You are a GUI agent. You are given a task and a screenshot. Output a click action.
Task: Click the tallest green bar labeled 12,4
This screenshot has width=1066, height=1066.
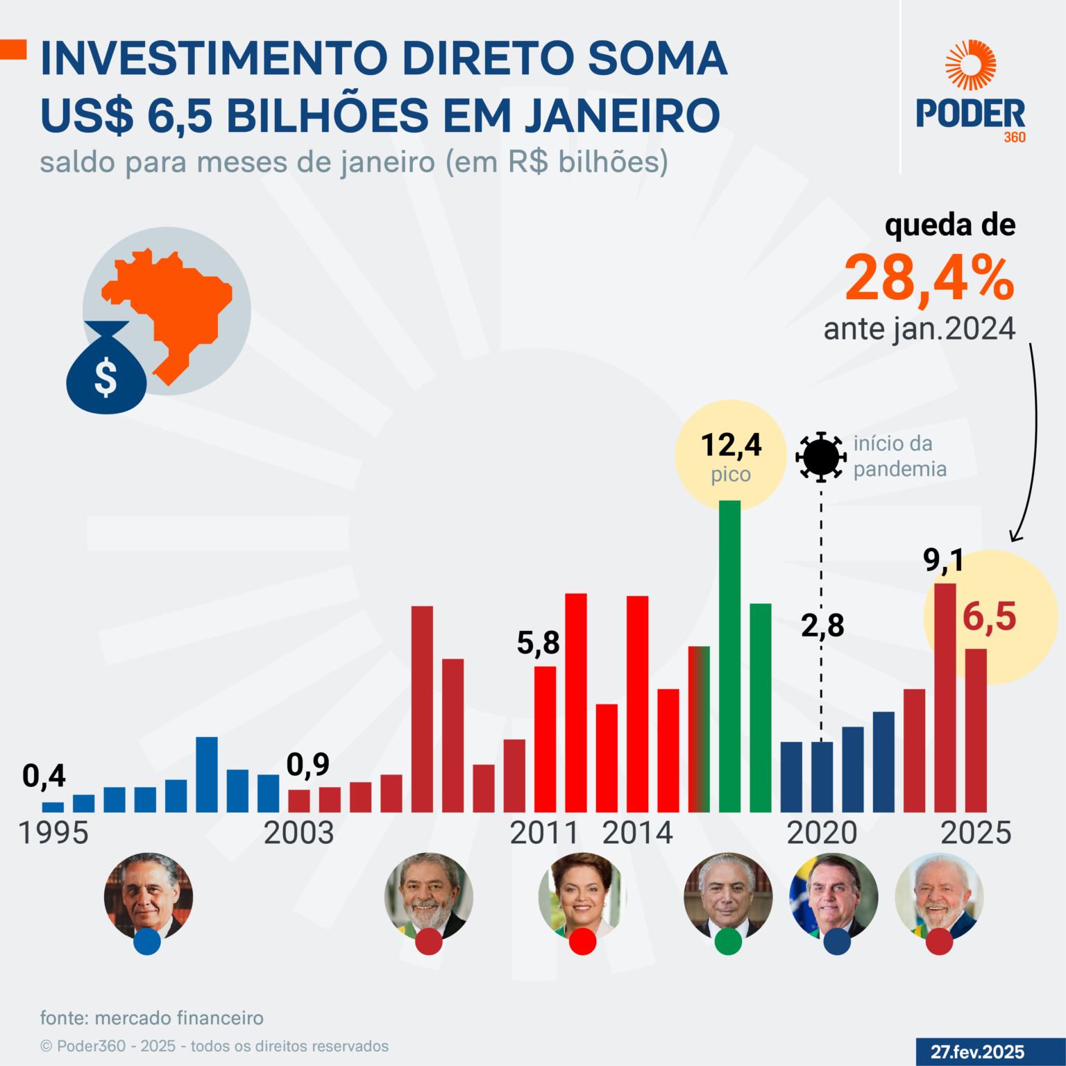click(x=729, y=656)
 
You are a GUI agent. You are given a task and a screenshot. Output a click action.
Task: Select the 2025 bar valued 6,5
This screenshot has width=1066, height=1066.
click(x=976, y=730)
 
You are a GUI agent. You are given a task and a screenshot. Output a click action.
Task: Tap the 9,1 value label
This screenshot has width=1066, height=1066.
click(x=943, y=560)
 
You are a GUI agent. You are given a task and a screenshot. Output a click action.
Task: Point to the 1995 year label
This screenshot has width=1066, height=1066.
click(x=53, y=833)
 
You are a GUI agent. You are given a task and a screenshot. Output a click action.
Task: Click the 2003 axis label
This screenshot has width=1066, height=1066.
click(x=299, y=833)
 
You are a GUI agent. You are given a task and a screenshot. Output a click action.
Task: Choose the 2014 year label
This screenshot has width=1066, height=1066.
click(x=637, y=833)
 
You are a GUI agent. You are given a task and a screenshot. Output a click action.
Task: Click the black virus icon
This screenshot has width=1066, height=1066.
click(x=821, y=457)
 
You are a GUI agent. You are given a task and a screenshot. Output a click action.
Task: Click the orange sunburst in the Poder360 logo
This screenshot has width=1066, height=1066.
click(x=970, y=65)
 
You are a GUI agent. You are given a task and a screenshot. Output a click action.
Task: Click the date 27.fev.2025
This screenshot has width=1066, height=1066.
click(x=977, y=1052)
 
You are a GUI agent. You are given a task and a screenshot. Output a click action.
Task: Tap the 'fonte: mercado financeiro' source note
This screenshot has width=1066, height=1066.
click(x=152, y=1018)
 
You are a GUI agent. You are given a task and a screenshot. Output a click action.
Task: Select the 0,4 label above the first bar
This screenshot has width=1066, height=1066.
click(x=44, y=776)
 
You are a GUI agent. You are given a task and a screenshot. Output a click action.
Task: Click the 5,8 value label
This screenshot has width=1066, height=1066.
click(x=538, y=643)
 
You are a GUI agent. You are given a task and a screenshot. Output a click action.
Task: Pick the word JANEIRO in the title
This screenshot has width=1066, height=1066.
click(x=623, y=115)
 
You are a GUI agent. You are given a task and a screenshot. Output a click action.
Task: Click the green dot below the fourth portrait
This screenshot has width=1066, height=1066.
click(x=728, y=942)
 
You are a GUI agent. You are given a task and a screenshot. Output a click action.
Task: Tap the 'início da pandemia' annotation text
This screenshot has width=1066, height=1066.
click(x=899, y=456)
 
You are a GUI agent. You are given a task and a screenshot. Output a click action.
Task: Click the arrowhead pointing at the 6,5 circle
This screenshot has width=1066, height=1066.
click(x=1015, y=536)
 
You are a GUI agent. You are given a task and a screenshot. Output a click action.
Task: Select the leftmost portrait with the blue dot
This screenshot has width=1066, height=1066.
click(x=148, y=897)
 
